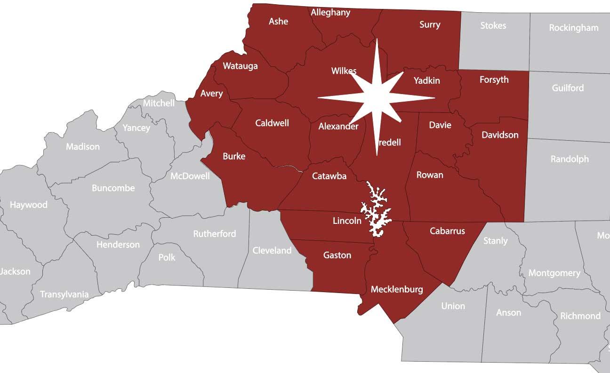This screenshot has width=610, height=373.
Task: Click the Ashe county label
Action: [278, 21]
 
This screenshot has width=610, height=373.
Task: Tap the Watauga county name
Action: [240, 66]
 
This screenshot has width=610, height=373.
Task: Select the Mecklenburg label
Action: [397, 289]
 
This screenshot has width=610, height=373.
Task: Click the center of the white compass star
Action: [377, 98]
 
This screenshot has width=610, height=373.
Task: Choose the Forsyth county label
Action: [494, 79]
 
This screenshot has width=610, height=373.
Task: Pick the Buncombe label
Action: [113, 188]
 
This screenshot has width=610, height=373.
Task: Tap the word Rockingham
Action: [573, 28]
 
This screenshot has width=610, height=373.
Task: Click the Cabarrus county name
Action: [447, 231]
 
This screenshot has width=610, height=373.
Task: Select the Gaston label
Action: [337, 255]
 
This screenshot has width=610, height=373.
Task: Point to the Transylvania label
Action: [64, 294]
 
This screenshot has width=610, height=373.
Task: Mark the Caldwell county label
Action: [272, 123]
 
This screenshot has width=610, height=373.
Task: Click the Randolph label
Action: [570, 159]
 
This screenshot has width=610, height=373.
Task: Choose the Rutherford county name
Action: [215, 234]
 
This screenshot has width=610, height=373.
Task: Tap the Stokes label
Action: [493, 25]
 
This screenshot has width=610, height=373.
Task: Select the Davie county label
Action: [440, 125]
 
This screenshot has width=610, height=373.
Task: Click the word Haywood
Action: [29, 205]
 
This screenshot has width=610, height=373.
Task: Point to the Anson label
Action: [508, 312]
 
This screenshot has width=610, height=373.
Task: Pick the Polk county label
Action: [167, 257]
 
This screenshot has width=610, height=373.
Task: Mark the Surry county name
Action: [430, 24]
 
